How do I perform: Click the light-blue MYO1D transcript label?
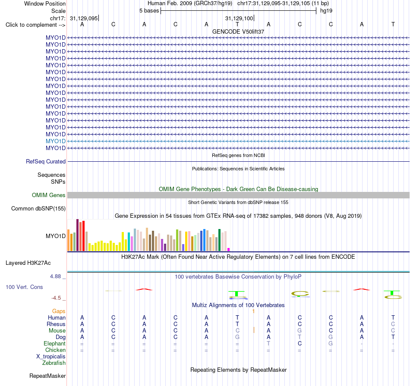pyautogui.click(x=55, y=141)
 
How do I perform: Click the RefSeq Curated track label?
pyautogui.click(x=46, y=161)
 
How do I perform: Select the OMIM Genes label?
pyautogui.click(x=49, y=195)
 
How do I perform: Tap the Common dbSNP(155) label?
pyautogui.click(x=38, y=209)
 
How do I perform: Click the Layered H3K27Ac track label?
pyautogui.click(x=28, y=263)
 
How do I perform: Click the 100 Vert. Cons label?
pyautogui.click(x=24, y=287)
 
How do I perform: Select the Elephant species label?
pyautogui.click(x=55, y=343)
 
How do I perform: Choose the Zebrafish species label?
pyautogui.click(x=54, y=363)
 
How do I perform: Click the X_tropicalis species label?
pyautogui.click(x=51, y=357)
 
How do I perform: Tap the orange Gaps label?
pyautogui.click(x=59, y=311)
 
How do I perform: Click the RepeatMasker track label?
pyautogui.click(x=47, y=376)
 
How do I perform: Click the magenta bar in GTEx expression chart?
pyautogui.click(x=229, y=250)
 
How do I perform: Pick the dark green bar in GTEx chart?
pyautogui.click(x=219, y=240)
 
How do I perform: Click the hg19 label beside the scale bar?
pyautogui.click(x=326, y=11)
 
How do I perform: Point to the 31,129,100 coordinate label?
pyautogui.click(x=239, y=18)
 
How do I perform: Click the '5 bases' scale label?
pyautogui.click(x=149, y=11)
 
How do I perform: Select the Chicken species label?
pyautogui.click(x=55, y=350)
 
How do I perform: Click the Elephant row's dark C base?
pyautogui.click(x=300, y=343)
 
